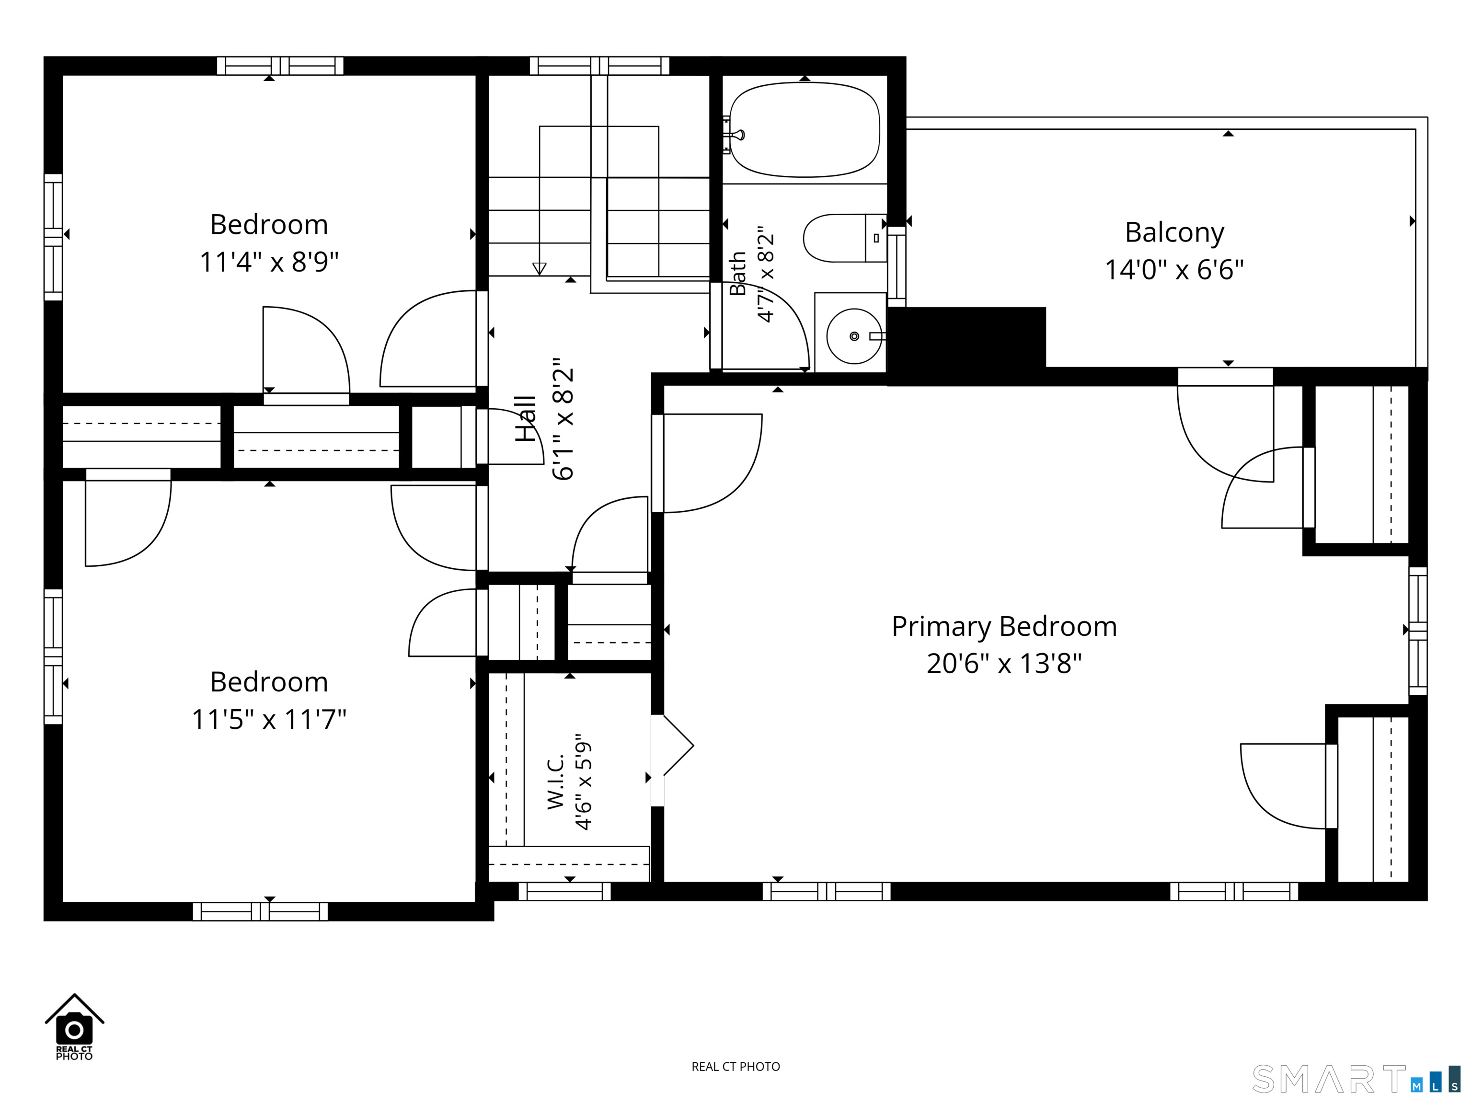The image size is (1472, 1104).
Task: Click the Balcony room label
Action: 1174,232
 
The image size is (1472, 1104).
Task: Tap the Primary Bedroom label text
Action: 1004,627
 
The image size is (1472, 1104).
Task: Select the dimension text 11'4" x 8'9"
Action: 269,262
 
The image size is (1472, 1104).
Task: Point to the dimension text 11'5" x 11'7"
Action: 269,719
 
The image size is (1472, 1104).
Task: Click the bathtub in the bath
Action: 805,130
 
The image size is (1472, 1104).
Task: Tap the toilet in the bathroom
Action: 844,238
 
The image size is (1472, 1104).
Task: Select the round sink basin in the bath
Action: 854,336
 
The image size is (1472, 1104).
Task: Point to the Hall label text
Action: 526,419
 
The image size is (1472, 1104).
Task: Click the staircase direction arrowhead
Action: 540,269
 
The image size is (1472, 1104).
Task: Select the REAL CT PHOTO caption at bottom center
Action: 736,1067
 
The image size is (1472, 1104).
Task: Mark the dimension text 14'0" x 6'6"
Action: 1174,269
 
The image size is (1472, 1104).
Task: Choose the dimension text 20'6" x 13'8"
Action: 1004,664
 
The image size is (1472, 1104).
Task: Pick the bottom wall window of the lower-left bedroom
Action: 260,911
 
